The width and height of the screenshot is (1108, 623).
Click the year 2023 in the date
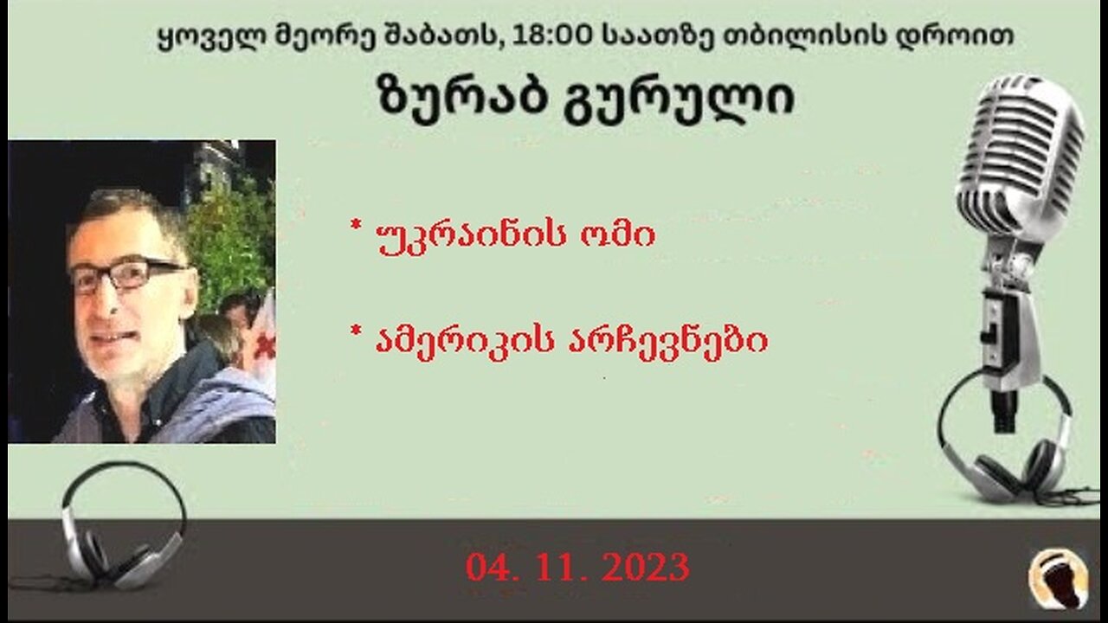point(646,568)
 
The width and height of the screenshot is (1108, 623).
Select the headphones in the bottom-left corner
point(121,528)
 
